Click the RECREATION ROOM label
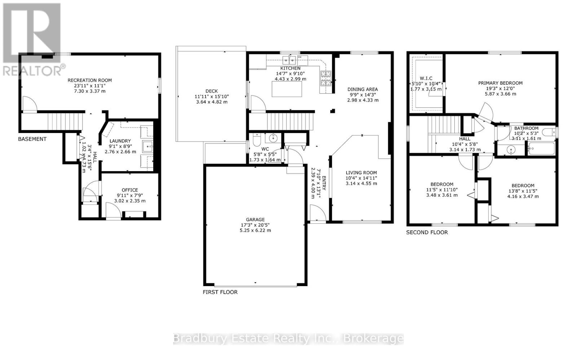pyautogui.click(x=90, y=80)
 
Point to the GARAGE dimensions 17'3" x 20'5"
pyautogui.click(x=255, y=225)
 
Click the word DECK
pyautogui.click(x=212, y=91)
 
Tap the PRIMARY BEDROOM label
pyautogui.click(x=500, y=83)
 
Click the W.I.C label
pyautogui.click(x=426, y=79)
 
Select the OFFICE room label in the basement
pyautogui.click(x=130, y=190)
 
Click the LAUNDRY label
pyautogui.click(x=120, y=141)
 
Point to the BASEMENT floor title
pyautogui.click(x=32, y=139)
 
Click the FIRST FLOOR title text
pyautogui.click(x=220, y=292)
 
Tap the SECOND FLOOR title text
pyautogui.click(x=427, y=232)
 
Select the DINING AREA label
pyautogui.click(x=362, y=89)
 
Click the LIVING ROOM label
pyautogui.click(x=361, y=173)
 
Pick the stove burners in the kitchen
pyautogui.click(x=326, y=79)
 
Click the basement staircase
pyautogui.click(x=65, y=120)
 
